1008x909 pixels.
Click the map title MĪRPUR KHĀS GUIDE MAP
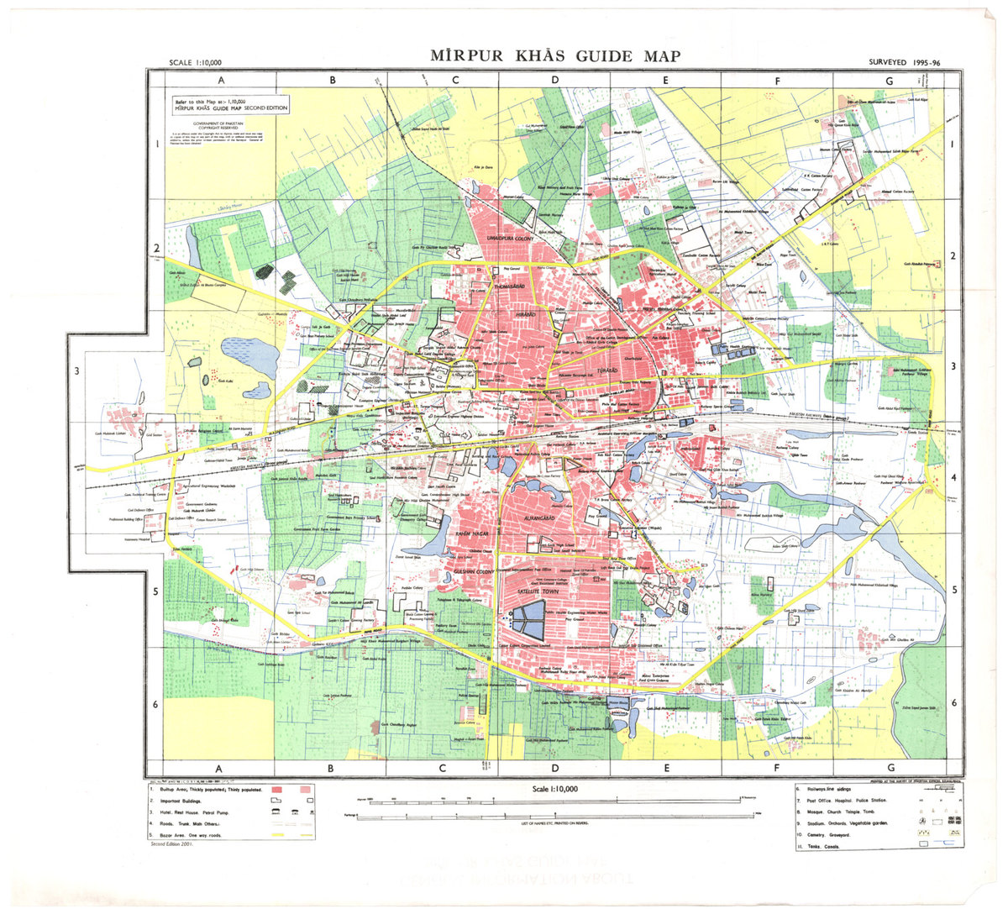[x=555, y=56]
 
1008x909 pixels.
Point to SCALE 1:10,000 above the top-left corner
[x=195, y=62]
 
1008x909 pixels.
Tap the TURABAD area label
[x=606, y=370]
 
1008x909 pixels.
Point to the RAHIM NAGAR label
[x=472, y=534]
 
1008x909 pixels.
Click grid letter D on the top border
[x=554, y=81]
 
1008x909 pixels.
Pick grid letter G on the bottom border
[x=890, y=768]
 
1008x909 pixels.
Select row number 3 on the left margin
[x=77, y=371]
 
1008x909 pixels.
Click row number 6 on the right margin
[x=953, y=703]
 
